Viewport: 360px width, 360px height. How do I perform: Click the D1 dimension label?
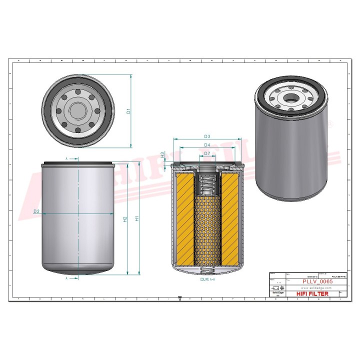(x=128, y=111)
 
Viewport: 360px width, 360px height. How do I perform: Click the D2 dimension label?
(x=36, y=211)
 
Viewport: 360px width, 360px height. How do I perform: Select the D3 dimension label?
(x=207, y=136)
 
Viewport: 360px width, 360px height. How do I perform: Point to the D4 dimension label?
(x=207, y=145)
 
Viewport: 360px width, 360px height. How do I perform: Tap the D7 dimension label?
(x=207, y=153)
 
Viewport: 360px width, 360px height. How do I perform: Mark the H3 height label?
(x=162, y=155)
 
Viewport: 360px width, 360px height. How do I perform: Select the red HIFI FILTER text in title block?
(x=312, y=294)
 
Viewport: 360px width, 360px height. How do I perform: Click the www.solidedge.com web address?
(x=313, y=288)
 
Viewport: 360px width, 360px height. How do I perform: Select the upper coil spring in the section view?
(x=207, y=184)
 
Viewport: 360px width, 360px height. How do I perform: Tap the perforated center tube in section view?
(x=206, y=230)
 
